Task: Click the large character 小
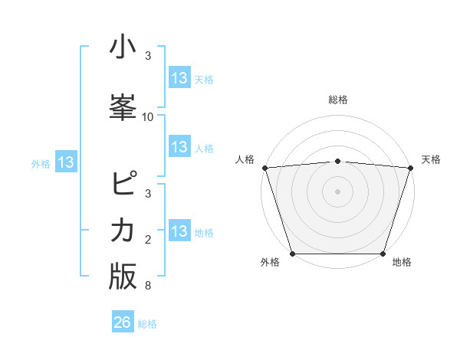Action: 123,47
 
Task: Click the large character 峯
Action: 123,105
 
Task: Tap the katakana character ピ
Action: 123,185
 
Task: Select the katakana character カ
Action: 123,230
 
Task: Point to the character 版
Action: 123,276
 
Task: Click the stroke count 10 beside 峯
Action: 148,117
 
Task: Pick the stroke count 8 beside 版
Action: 148,286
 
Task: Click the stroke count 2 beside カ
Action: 148,240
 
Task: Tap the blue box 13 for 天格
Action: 179,78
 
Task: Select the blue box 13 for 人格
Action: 179,147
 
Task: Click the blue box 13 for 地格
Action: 179,231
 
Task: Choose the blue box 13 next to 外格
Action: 66,162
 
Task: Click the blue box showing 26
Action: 123,322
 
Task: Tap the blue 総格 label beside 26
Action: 148,324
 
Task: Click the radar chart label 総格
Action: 337,100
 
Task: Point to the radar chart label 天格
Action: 431,159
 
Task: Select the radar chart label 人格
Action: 245,159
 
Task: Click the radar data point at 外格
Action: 292,253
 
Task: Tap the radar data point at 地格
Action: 383,253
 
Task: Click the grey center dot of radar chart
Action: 337,191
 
